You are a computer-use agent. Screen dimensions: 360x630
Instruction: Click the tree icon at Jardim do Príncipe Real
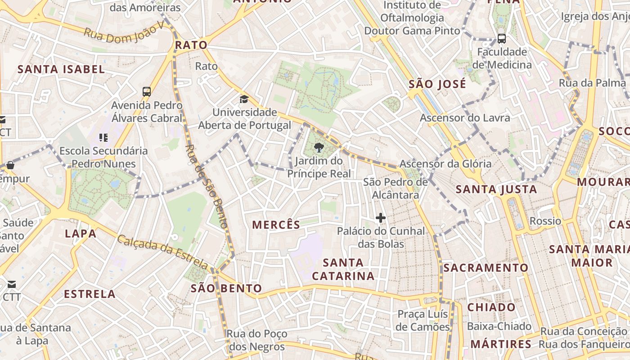(319, 147)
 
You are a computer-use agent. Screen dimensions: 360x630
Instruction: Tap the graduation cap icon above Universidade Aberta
(244, 99)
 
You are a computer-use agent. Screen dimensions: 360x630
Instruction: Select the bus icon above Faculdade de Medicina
(502, 39)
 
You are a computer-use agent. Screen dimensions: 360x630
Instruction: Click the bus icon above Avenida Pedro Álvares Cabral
(147, 92)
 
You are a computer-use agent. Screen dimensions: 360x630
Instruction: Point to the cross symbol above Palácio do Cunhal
(381, 218)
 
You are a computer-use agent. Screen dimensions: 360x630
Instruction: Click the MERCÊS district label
(276, 225)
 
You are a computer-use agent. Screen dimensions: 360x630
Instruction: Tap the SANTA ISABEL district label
(61, 69)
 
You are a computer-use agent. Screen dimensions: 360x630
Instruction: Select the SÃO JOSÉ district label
(437, 84)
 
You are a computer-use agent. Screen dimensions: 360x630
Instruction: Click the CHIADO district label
(491, 307)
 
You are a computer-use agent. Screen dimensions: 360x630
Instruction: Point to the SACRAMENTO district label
(486, 268)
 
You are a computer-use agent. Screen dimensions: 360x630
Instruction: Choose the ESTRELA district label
(90, 294)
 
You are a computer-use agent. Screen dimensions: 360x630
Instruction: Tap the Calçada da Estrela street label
(162, 252)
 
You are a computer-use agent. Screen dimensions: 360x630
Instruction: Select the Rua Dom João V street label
(125, 33)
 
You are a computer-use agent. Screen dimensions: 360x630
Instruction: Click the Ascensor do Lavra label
(465, 118)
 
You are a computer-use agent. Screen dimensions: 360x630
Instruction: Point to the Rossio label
(545, 221)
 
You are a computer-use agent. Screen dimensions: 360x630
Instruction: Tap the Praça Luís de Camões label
(423, 320)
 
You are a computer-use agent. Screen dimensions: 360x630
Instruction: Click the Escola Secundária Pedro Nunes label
(103, 157)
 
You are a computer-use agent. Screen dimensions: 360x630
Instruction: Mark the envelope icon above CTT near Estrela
(11, 284)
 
